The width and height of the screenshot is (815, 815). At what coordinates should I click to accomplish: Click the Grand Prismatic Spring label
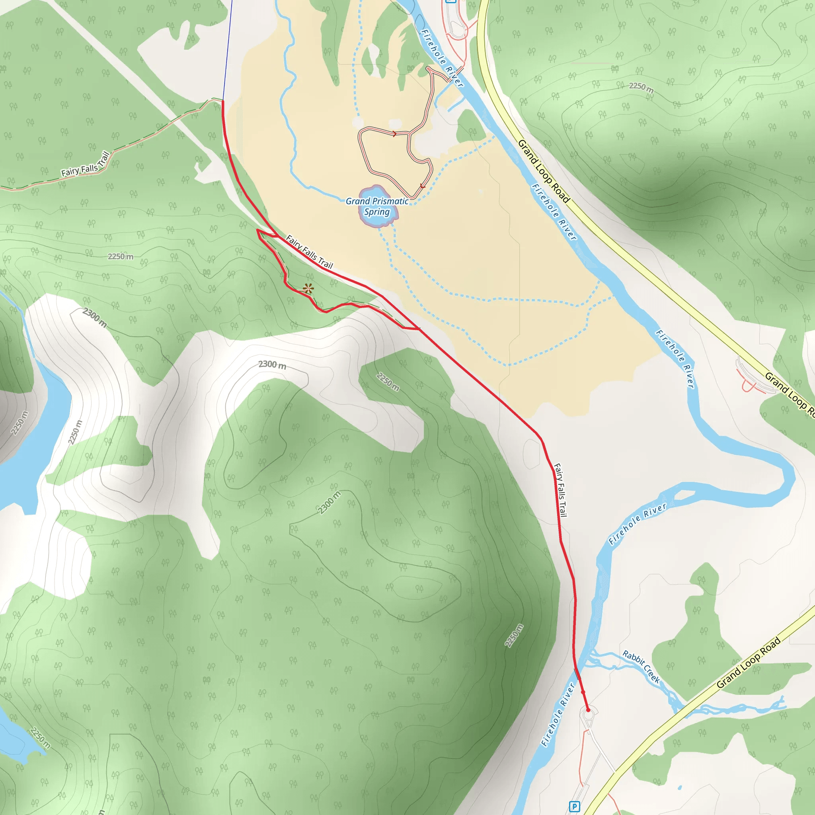(377, 207)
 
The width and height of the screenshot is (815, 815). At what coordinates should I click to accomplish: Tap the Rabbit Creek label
(641, 666)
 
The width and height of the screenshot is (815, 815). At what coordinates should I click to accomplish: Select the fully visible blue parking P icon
(574, 807)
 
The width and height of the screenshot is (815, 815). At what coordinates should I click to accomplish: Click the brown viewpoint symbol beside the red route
(308, 289)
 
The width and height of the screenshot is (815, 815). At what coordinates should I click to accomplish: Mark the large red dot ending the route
(588, 710)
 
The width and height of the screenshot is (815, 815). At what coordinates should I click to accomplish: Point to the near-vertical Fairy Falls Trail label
(560, 490)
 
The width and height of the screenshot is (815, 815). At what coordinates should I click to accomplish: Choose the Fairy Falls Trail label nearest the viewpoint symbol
(309, 252)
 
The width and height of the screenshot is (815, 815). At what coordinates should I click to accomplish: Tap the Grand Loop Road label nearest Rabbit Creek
(749, 663)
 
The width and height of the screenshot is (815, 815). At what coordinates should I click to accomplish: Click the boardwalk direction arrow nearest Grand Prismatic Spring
(423, 186)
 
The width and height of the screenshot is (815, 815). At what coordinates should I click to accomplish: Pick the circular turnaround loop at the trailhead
(589, 714)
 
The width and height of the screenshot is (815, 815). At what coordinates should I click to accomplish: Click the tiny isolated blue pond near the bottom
(680, 787)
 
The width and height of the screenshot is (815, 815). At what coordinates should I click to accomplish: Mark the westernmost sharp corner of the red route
(257, 230)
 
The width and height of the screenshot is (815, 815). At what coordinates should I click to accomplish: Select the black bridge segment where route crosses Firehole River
(577, 673)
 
